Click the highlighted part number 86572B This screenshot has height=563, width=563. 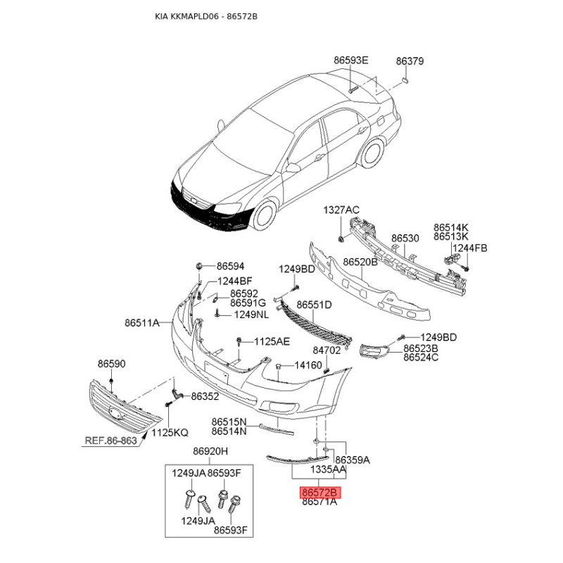320,492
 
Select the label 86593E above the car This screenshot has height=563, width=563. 350,60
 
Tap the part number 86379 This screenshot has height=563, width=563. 410,61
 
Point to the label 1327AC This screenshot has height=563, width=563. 341,210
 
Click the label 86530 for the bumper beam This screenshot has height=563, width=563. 405,239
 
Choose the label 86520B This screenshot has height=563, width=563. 360,262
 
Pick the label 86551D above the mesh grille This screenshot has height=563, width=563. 314,305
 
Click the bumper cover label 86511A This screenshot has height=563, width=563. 142,323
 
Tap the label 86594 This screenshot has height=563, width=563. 230,266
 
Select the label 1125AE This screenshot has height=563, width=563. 272,341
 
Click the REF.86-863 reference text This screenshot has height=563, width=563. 110,441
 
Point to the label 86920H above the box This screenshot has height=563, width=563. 210,451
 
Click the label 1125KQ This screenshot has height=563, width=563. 170,433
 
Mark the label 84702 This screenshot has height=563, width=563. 327,350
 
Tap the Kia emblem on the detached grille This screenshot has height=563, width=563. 115,413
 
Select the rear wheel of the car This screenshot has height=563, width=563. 372,154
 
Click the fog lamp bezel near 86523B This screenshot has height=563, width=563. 374,351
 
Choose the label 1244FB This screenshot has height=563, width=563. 469,248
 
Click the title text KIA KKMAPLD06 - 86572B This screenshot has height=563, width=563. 206,16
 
